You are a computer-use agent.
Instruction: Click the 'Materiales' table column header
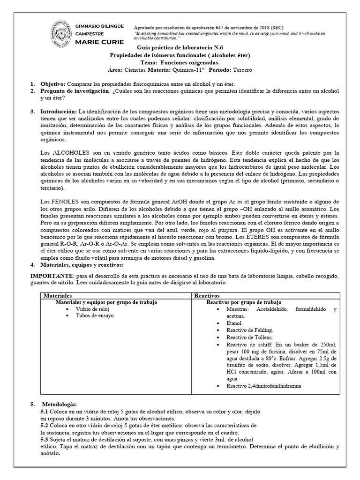[x=57, y=296]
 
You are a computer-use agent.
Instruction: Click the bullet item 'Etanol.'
[x=234, y=323]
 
